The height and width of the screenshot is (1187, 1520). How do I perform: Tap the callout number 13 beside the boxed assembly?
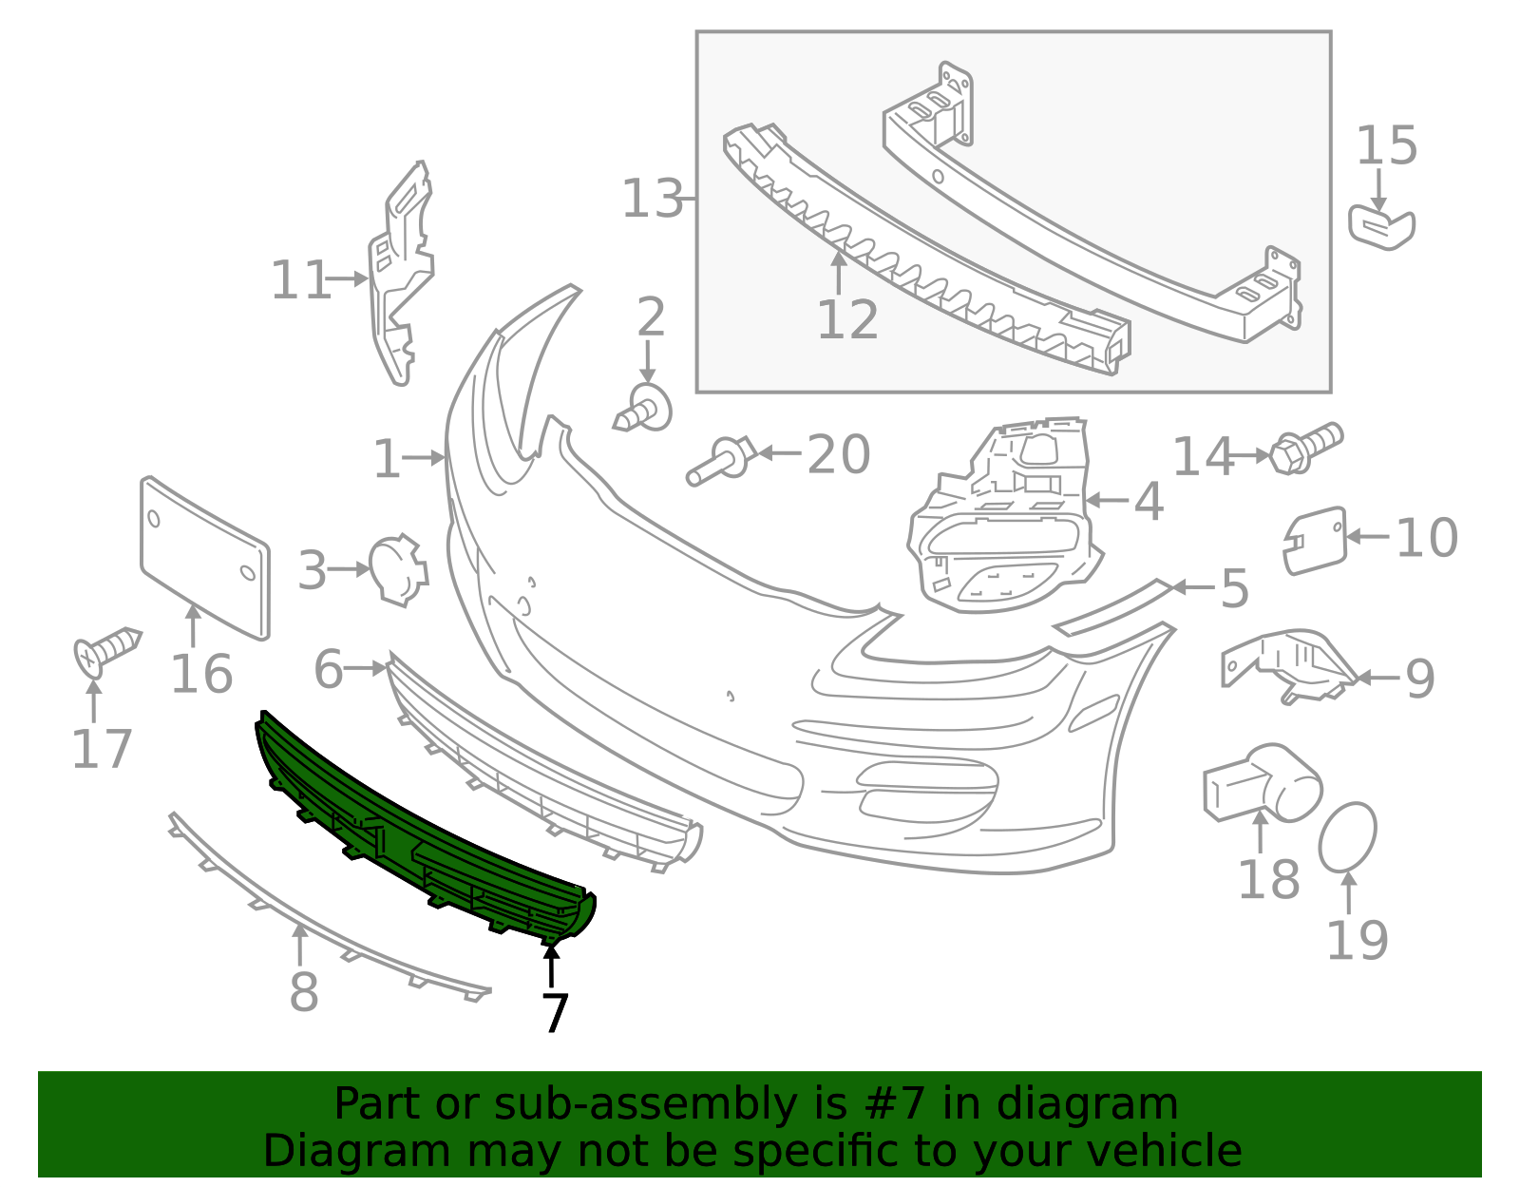click(652, 199)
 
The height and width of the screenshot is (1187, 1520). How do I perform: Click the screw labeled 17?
click(107, 651)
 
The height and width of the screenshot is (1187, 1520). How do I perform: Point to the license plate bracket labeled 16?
click(204, 558)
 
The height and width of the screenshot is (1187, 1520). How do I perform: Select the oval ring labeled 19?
click(1347, 837)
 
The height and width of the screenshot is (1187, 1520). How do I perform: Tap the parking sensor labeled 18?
click(1263, 783)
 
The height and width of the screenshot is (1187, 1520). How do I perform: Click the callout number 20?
click(839, 454)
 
